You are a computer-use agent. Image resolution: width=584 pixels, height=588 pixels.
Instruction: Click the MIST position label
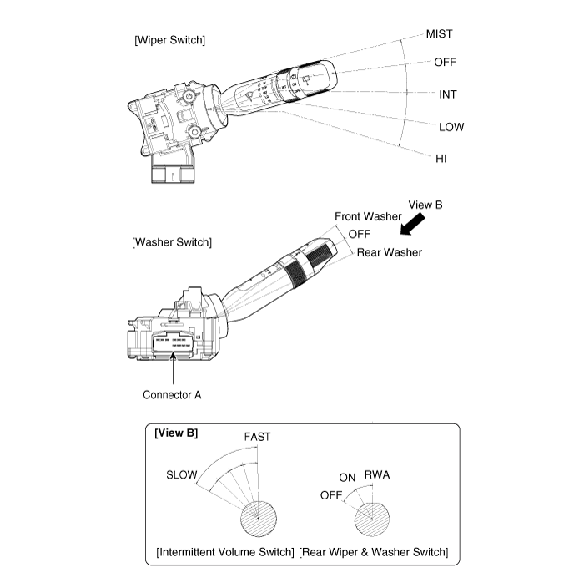click(x=439, y=34)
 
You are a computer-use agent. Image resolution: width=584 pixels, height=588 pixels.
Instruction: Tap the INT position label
click(x=448, y=94)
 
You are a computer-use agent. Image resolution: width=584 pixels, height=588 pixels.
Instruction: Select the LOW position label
click(x=451, y=127)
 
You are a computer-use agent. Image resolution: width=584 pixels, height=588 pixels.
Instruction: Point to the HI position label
click(x=441, y=158)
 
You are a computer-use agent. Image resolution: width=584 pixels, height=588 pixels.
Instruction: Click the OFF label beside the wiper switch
click(x=445, y=63)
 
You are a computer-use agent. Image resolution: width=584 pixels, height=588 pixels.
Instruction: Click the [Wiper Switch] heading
click(x=169, y=39)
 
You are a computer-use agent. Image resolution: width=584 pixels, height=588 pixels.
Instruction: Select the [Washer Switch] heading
click(x=172, y=242)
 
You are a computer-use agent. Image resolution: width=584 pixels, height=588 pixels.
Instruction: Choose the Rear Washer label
click(x=389, y=252)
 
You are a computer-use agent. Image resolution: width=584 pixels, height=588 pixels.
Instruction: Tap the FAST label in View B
click(x=257, y=437)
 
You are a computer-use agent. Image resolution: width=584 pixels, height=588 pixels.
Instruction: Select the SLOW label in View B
click(x=183, y=475)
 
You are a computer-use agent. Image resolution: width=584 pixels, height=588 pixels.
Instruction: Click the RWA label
click(x=378, y=475)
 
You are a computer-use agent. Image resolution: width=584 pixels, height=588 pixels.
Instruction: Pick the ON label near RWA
click(x=348, y=478)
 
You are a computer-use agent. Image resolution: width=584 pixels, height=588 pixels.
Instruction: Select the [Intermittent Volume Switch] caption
click(x=225, y=552)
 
